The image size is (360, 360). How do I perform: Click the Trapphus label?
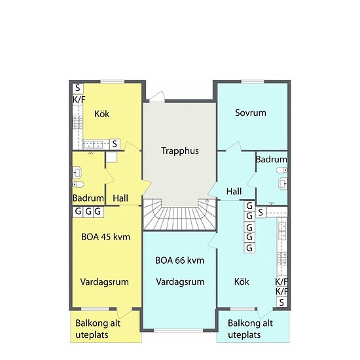tap(180, 151)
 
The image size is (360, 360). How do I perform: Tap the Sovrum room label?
tap(251, 113)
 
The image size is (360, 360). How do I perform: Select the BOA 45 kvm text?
tap(105, 237)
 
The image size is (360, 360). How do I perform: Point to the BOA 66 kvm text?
tap(180, 261)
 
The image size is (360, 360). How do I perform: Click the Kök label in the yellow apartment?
tap(101, 114)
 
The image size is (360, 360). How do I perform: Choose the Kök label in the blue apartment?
tap(242, 281)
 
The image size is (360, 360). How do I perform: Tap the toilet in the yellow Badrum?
tap(79, 184)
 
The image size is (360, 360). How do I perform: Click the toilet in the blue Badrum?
tap(281, 170)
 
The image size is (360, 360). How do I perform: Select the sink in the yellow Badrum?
tap(77, 173)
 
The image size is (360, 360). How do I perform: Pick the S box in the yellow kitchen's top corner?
tap(78, 88)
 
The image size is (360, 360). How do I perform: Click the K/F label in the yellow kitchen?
tap(79, 99)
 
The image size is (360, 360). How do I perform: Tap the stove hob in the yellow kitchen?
tap(78, 122)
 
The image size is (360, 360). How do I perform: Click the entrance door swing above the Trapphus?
tap(158, 96)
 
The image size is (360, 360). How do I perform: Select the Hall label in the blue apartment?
tap(234, 192)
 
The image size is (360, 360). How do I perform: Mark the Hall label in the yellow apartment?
tap(120, 198)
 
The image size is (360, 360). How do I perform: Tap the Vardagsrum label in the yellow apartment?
tap(105, 282)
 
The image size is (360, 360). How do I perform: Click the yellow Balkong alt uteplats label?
tap(98, 329)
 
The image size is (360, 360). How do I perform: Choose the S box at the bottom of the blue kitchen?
tap(281, 302)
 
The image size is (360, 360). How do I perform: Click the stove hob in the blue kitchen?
tap(282, 259)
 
